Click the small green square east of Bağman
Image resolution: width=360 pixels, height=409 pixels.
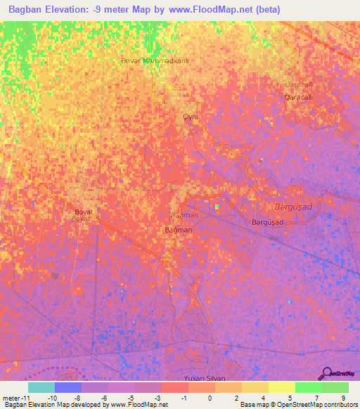[x=217, y=207]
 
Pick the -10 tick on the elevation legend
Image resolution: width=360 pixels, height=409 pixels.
[x=52, y=397]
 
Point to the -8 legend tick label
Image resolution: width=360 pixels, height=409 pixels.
[x=79, y=397]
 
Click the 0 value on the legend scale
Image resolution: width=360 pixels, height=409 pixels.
[x=210, y=397]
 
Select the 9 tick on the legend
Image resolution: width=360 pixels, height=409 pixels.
[x=342, y=397]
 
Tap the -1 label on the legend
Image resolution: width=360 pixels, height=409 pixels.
[x=184, y=397]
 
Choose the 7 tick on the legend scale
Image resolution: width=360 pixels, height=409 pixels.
[x=316, y=397]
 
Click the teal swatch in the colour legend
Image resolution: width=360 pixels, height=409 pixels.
[x=41, y=387]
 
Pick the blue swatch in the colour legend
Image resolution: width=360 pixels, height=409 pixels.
[x=67, y=387]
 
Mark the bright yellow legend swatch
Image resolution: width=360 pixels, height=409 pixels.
[x=281, y=387]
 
